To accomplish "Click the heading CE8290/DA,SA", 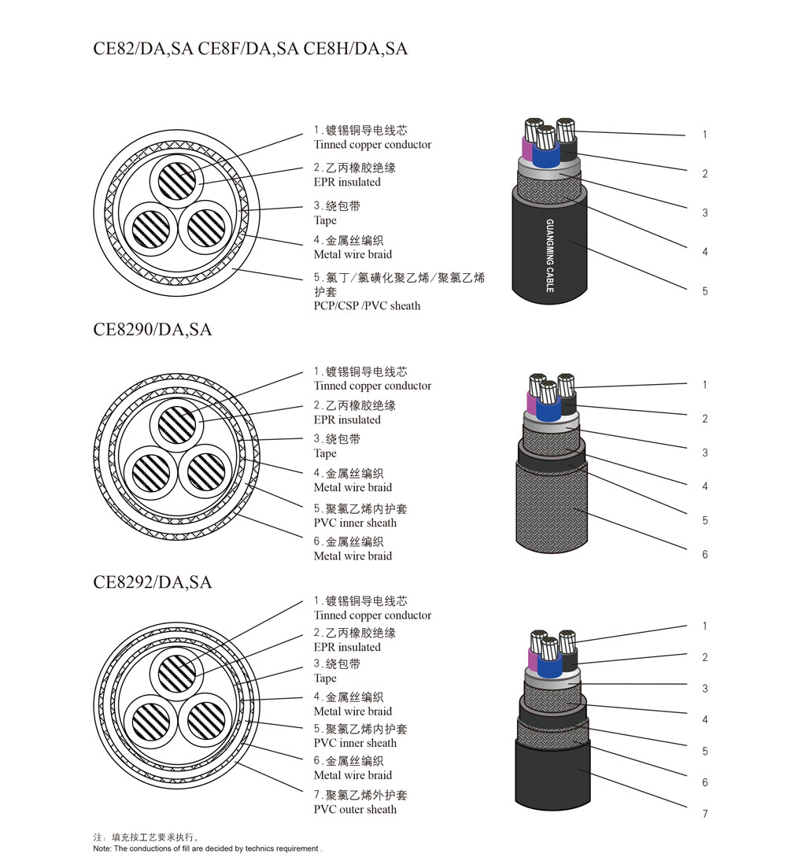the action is [x=152, y=330].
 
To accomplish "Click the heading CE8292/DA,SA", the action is [x=152, y=582].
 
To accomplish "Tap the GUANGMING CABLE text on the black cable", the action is [x=550, y=255].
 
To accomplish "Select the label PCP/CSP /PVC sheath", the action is [x=367, y=306].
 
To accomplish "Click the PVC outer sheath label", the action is [x=355, y=809].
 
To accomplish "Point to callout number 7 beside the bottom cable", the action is [x=704, y=814].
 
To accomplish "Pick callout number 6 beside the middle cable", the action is [x=704, y=555].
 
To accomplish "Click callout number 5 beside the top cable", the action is [x=704, y=291].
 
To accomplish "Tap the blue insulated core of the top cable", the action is [x=546, y=156].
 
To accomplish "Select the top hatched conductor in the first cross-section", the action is [x=177, y=180].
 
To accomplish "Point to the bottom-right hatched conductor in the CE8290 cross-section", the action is [x=206, y=471].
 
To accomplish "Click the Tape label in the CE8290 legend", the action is [x=325, y=453].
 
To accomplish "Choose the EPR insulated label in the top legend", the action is [x=347, y=183].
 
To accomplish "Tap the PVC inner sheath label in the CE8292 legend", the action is [x=355, y=743].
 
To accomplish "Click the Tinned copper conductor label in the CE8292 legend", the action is [x=372, y=615].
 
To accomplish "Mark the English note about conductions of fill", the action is [x=208, y=848].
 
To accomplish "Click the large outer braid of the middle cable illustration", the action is [x=552, y=505].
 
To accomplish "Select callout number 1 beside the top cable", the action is [x=704, y=135].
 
